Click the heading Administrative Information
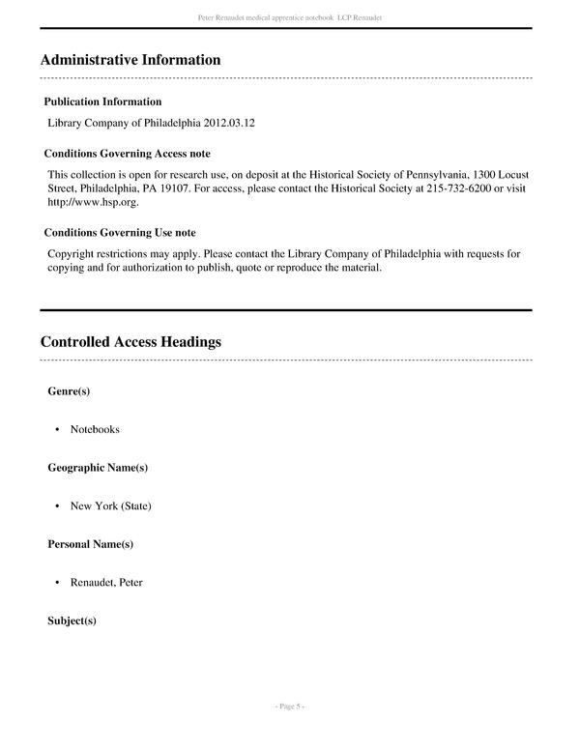tap(130, 60)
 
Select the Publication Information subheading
tap(103, 101)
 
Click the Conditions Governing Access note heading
tap(128, 154)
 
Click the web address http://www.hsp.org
tap(93, 203)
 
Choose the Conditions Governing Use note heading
tap(120, 233)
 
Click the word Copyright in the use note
tap(72, 254)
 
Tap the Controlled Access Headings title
tap(130, 342)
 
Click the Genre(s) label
tap(69, 391)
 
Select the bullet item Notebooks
tap(95, 429)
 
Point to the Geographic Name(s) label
tap(98, 468)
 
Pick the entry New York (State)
tap(110, 505)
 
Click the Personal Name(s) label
tap(91, 544)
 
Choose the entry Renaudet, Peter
tap(106, 583)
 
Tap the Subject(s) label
tap(72, 620)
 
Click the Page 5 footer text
tap(290, 707)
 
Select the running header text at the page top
tap(290, 17)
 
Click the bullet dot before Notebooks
tap(58, 429)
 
